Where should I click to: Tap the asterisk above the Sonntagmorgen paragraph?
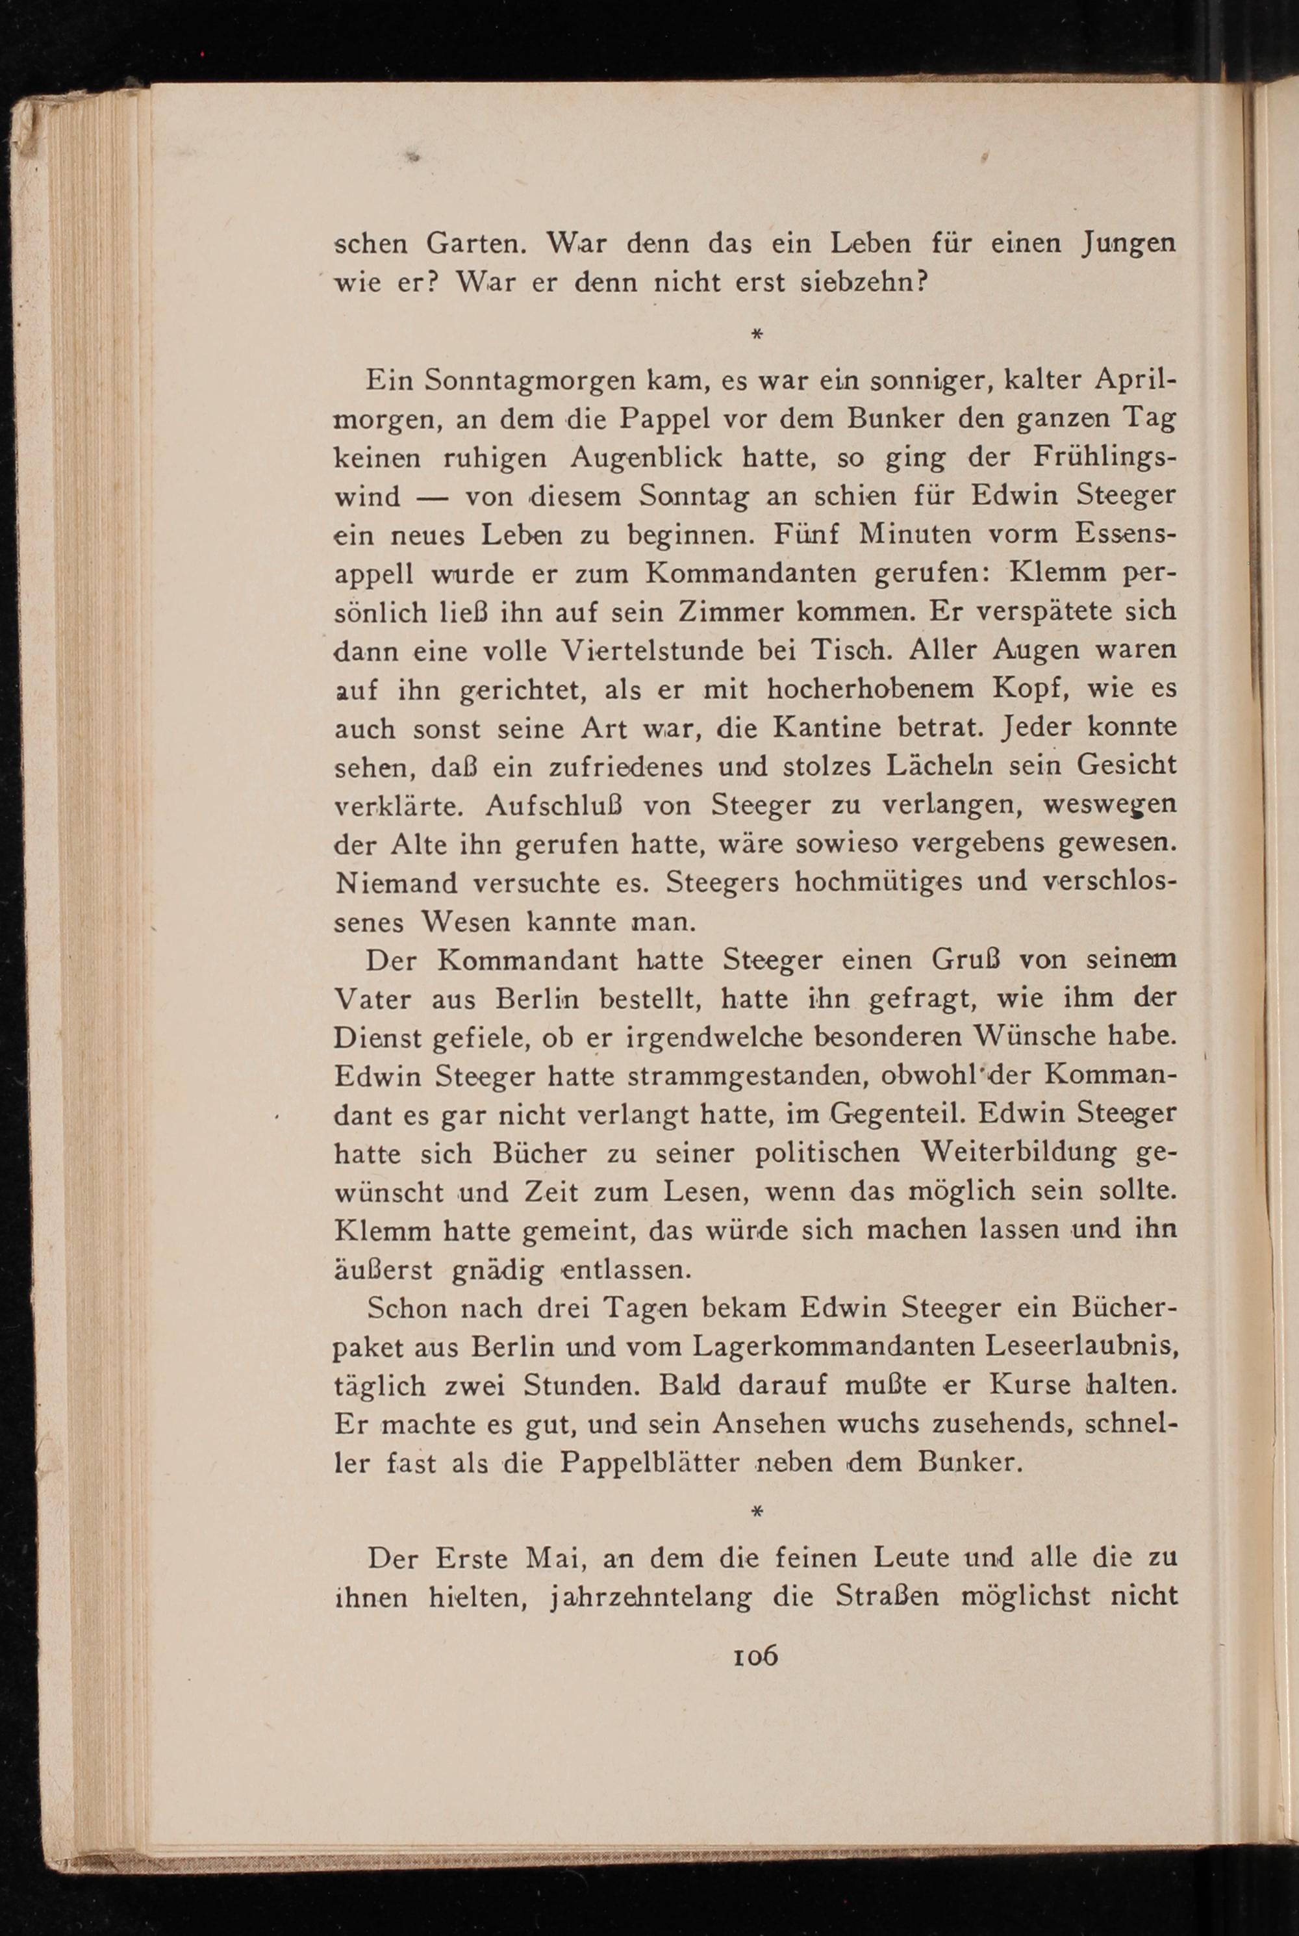[x=755, y=335]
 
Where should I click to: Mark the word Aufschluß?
[x=553, y=805]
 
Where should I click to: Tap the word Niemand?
[x=397, y=883]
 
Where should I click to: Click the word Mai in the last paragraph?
[x=557, y=1559]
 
